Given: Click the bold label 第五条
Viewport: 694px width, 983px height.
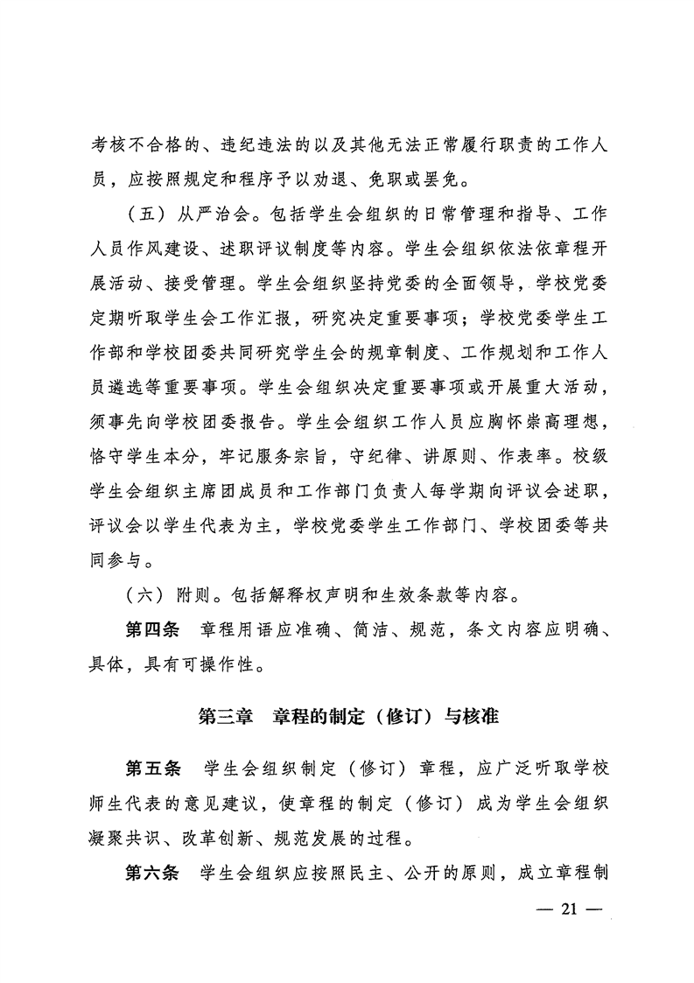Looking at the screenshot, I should coord(153,769).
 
